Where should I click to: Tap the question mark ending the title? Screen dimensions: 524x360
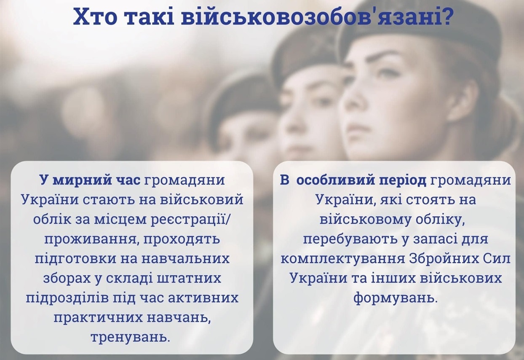tap(443, 17)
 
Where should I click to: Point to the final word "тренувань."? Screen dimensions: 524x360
tap(130, 337)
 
